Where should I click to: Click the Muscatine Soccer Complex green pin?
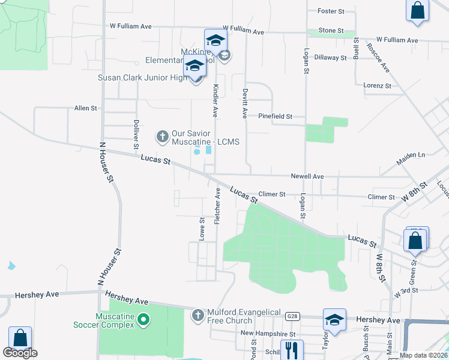tap(143, 320)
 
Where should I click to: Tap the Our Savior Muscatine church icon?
tap(162, 137)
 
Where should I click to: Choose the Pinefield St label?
tap(275, 116)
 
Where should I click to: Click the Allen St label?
tap(85, 108)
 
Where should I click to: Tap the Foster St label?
tap(331, 11)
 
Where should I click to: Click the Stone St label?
tap(331, 30)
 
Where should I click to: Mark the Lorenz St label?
tap(377, 85)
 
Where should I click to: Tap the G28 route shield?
tap(292, 316)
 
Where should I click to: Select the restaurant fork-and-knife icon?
tap(292, 350)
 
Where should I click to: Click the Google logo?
tap(20, 353)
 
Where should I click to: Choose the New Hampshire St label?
tap(268, 333)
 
